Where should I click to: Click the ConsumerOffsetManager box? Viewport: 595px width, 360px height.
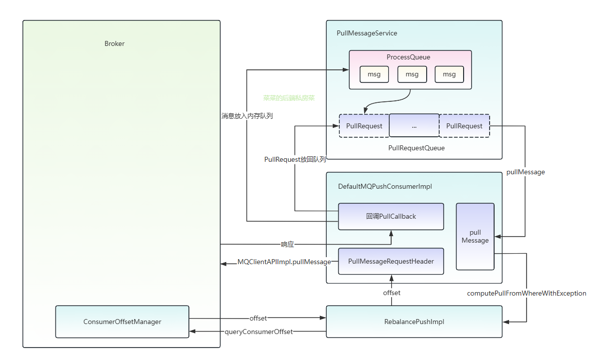tap(122, 322)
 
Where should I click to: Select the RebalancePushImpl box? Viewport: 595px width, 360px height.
tap(414, 322)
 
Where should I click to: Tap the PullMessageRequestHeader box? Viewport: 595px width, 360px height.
tap(391, 261)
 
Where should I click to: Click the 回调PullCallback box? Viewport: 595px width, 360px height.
tap(391, 216)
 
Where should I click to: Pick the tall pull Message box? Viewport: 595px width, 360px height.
tap(475, 237)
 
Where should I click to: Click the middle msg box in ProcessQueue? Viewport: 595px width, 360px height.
tap(412, 74)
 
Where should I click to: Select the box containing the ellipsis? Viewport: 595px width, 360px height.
tap(414, 126)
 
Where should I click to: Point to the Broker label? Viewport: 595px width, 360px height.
tap(114, 43)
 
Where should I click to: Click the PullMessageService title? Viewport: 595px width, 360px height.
tap(367, 33)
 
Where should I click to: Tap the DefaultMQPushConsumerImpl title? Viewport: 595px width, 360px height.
tap(385, 186)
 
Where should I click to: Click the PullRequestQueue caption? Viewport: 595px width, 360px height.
tap(416, 148)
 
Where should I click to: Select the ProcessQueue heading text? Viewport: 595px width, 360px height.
tap(408, 57)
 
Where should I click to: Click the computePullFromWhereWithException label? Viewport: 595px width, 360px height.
tap(527, 293)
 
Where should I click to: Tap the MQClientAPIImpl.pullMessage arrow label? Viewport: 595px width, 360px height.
tap(284, 262)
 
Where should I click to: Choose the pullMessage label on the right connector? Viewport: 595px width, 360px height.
tap(526, 172)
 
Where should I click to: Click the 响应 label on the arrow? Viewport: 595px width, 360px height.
tap(287, 245)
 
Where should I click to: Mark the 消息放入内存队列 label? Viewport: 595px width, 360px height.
tap(247, 116)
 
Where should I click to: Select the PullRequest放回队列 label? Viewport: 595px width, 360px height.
tap(295, 160)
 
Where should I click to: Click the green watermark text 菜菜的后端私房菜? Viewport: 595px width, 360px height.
tap(289, 98)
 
